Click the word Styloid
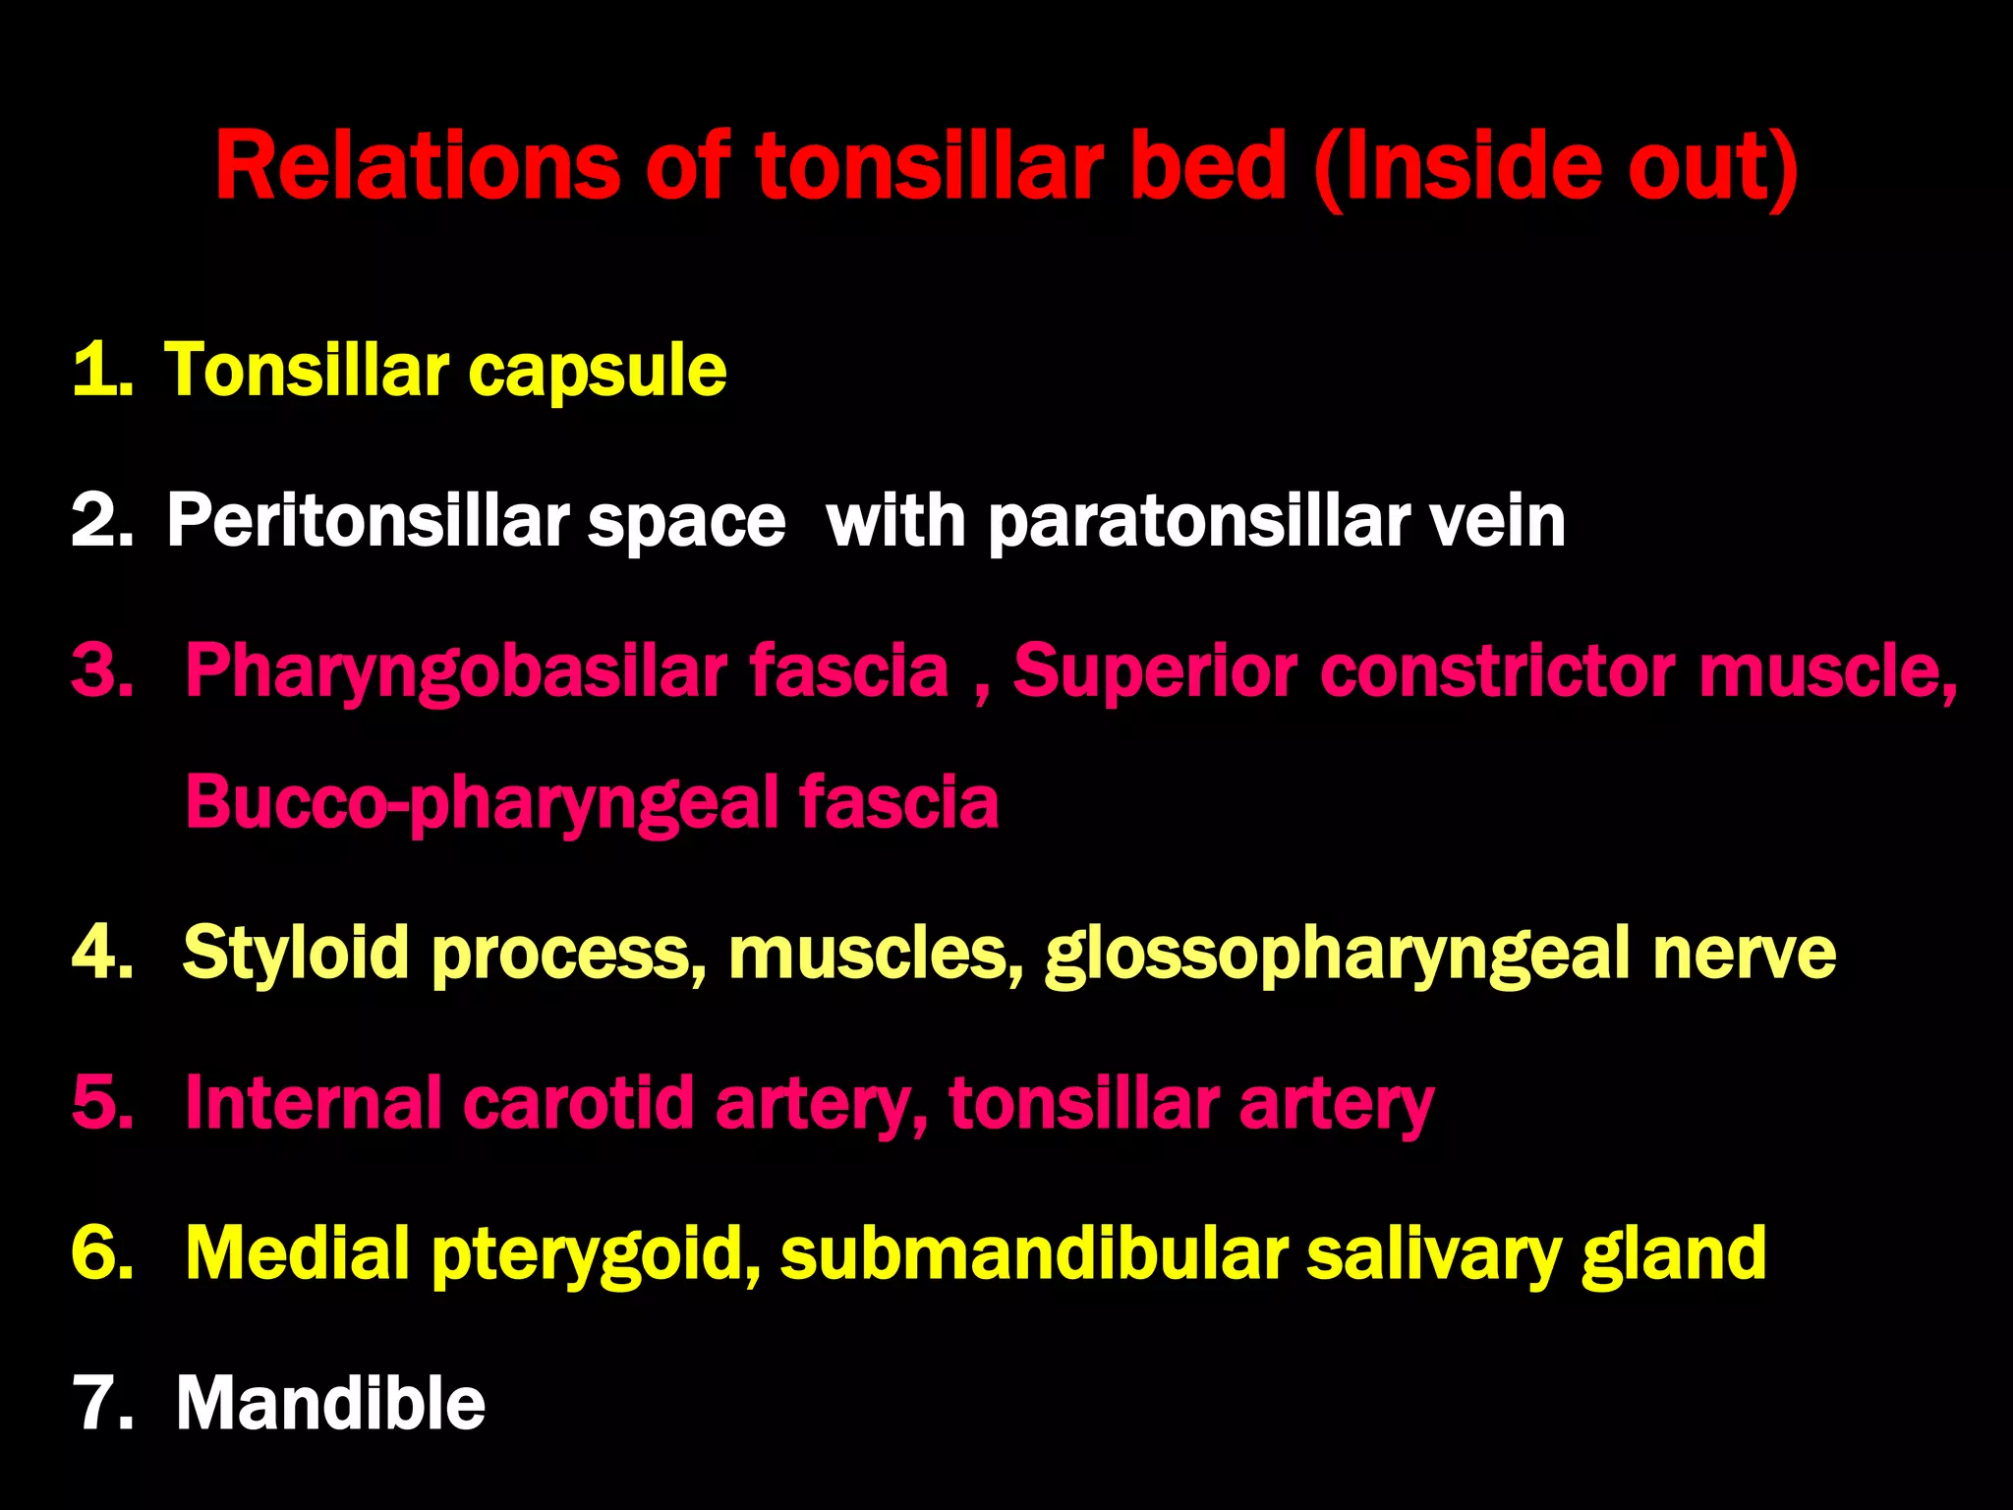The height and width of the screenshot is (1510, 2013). [295, 954]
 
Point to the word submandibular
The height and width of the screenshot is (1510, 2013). [1033, 1254]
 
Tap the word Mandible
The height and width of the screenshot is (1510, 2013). [330, 1404]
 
